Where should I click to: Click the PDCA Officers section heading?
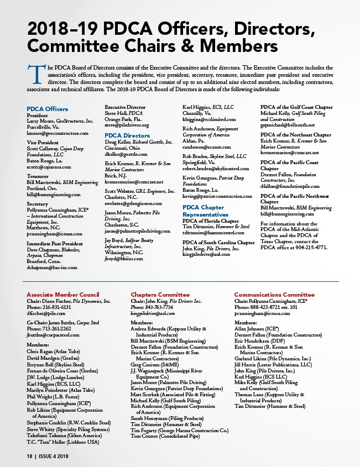click(48, 109)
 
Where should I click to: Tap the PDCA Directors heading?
click(127, 135)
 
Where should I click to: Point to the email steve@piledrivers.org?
click(127, 125)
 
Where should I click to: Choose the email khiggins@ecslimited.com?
click(209, 119)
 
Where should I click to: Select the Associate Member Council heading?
click(63, 295)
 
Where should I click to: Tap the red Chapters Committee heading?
click(160, 295)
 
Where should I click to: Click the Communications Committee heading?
click(274, 295)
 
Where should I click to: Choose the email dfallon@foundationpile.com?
click(290, 186)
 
